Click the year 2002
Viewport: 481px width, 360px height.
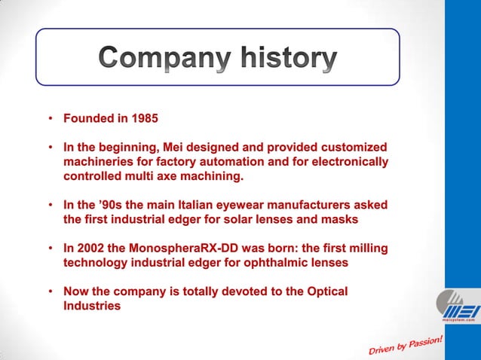[x=91, y=249]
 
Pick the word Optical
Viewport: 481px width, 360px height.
[x=325, y=291]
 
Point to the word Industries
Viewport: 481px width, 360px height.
[x=92, y=306]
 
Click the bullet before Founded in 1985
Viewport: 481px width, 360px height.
[x=50, y=119]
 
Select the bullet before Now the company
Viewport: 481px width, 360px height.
[x=50, y=291]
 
